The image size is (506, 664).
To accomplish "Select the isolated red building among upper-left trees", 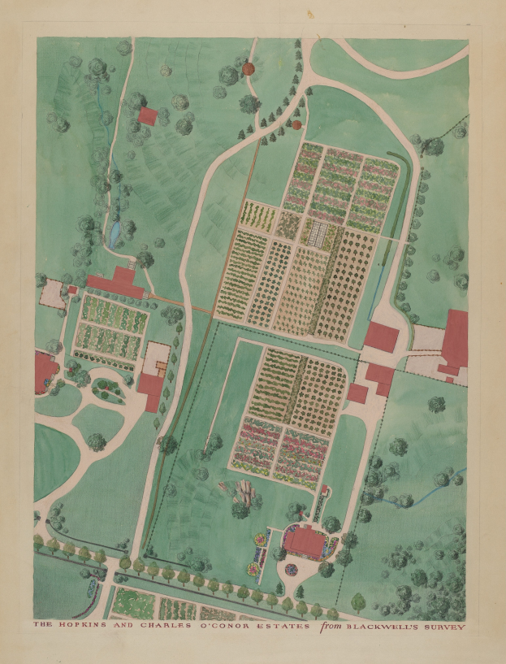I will [147, 115].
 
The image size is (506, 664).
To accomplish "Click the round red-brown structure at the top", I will [249, 70].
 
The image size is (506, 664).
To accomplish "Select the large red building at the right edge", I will [455, 337].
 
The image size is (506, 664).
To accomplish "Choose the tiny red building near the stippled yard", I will [71, 289].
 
